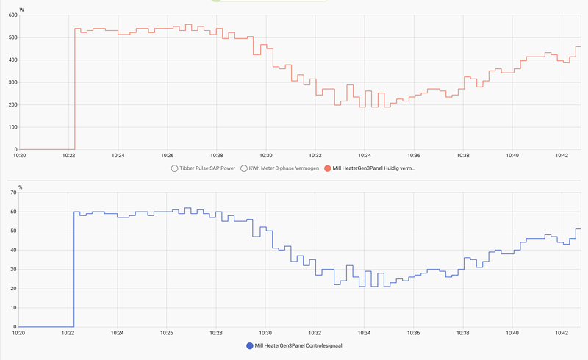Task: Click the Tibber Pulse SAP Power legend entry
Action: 204,168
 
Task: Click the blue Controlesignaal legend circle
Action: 249,345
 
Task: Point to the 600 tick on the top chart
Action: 11,15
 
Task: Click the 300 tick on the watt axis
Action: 11,82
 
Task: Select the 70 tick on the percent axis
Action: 12,192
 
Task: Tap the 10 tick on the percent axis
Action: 12,307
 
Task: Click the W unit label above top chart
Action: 21,10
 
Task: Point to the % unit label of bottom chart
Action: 21,187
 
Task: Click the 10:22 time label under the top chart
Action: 68,155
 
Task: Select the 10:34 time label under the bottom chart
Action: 365,332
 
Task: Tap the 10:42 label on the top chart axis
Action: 562,155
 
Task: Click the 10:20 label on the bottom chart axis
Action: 20,332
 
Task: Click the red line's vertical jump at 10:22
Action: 75,88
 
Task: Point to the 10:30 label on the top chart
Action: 266,155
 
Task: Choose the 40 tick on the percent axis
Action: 12,250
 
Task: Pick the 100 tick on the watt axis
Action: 11,127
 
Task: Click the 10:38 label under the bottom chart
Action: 463,332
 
